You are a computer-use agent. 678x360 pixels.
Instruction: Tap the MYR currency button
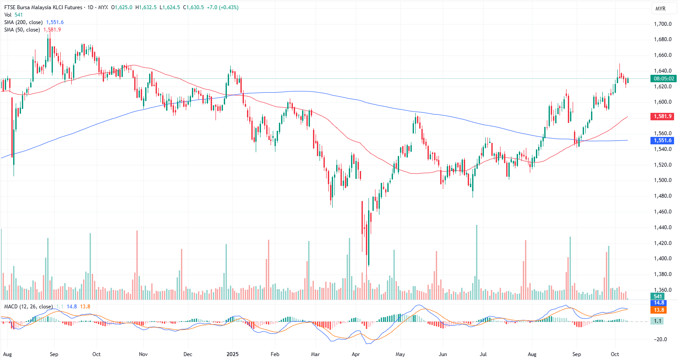660,9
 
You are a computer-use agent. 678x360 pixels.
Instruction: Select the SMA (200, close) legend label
24,22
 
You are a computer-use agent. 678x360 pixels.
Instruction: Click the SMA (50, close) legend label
22,30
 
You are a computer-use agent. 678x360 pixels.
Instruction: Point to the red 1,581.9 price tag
663,116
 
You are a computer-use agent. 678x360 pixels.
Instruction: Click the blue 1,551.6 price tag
663,140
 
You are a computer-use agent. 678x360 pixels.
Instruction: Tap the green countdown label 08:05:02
663,79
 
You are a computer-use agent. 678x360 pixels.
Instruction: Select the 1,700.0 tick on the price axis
663,24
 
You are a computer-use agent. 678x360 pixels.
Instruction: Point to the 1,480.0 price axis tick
663,196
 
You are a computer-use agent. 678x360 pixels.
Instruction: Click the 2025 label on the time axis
232,354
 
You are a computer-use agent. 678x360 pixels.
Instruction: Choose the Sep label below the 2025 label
577,354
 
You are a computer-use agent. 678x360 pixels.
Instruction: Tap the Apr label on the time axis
356,354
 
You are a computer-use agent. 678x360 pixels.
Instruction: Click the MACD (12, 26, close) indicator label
28,307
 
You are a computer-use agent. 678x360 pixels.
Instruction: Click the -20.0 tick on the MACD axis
660,339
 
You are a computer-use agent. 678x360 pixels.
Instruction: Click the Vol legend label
8,15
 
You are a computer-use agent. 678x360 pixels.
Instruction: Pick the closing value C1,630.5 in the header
193,7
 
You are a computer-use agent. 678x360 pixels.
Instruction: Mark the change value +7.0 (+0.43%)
223,7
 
